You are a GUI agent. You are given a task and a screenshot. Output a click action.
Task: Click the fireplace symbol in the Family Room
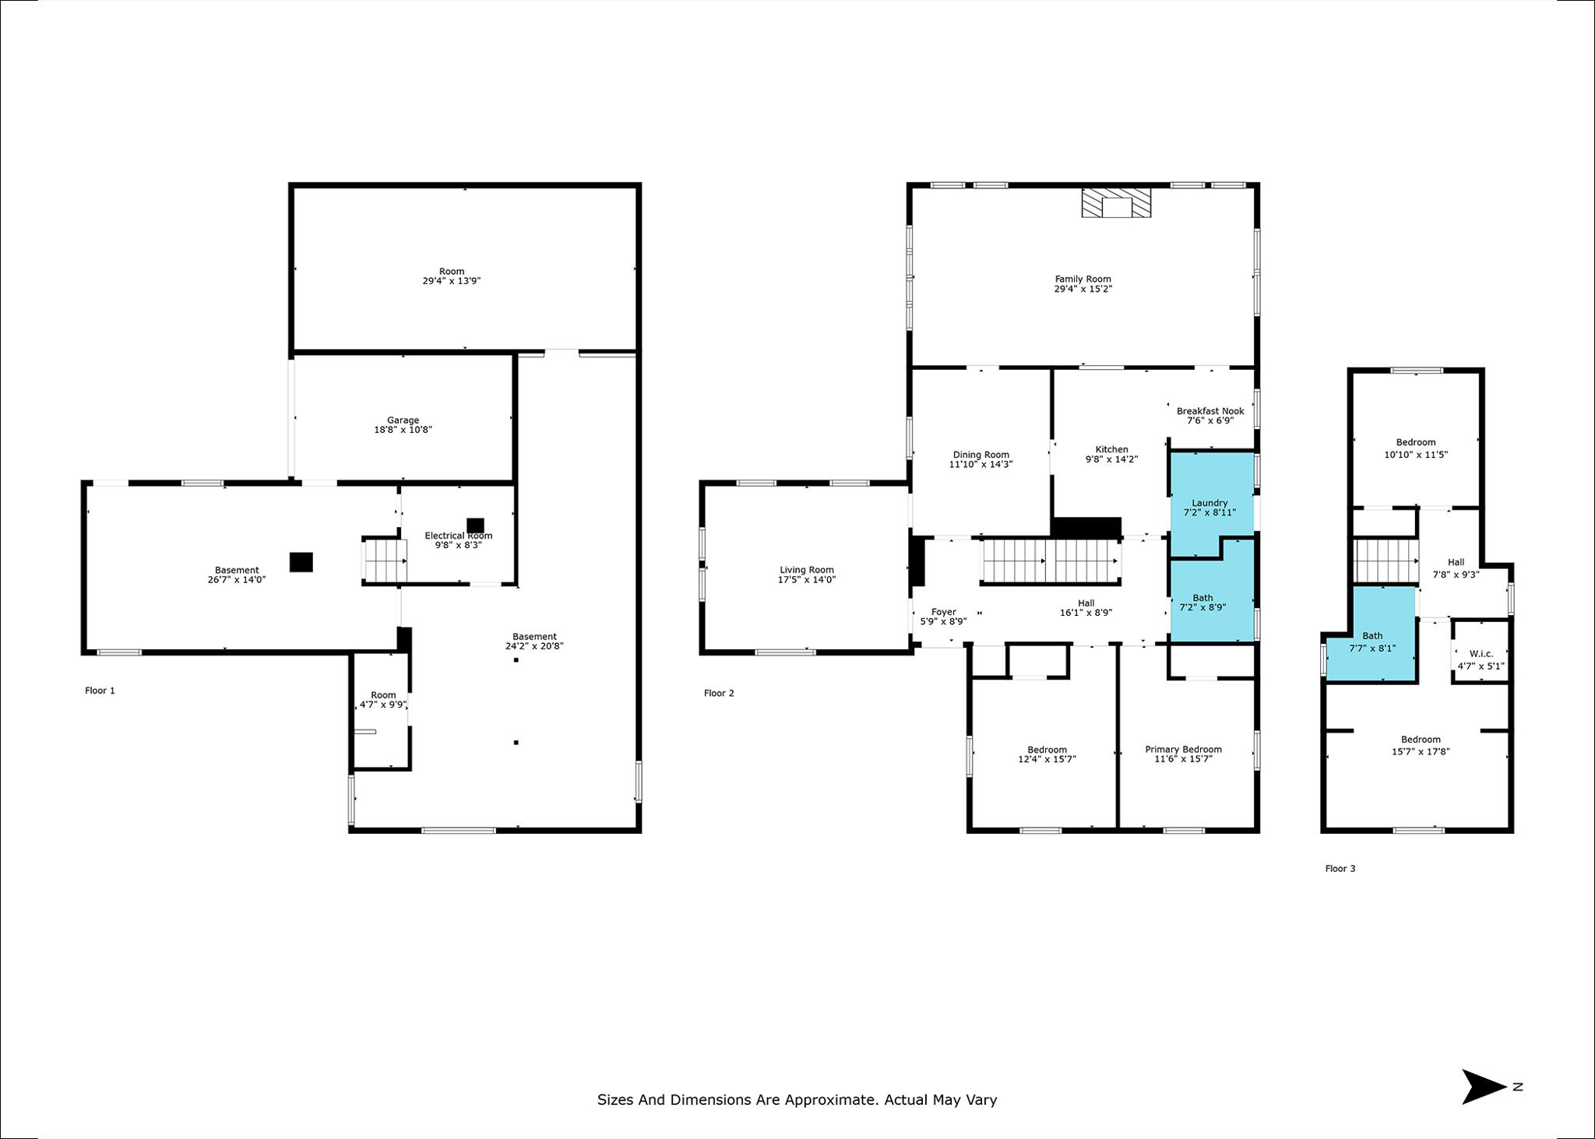1115,202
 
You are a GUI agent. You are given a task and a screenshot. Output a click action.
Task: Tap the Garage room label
403,420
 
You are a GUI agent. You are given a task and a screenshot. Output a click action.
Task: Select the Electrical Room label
458,536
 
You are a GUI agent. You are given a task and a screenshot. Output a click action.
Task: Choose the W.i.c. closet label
1481,654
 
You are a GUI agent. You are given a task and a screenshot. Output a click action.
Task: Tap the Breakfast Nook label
1210,411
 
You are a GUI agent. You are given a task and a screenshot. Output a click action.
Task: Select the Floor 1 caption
100,691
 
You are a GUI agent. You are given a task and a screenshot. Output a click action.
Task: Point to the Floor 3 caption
1340,869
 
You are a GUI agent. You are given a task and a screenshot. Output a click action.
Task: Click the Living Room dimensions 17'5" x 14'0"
807,580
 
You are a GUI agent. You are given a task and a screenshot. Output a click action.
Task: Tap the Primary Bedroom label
1183,750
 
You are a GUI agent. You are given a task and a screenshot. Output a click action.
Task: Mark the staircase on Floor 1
386,560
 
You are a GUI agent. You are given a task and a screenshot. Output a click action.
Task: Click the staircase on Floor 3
1386,561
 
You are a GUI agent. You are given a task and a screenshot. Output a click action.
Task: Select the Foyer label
943,612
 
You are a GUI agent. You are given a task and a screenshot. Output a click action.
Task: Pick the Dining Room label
981,455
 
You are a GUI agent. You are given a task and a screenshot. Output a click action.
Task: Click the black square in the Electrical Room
475,526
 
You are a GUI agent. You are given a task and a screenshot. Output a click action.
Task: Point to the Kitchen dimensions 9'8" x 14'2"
1111,459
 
